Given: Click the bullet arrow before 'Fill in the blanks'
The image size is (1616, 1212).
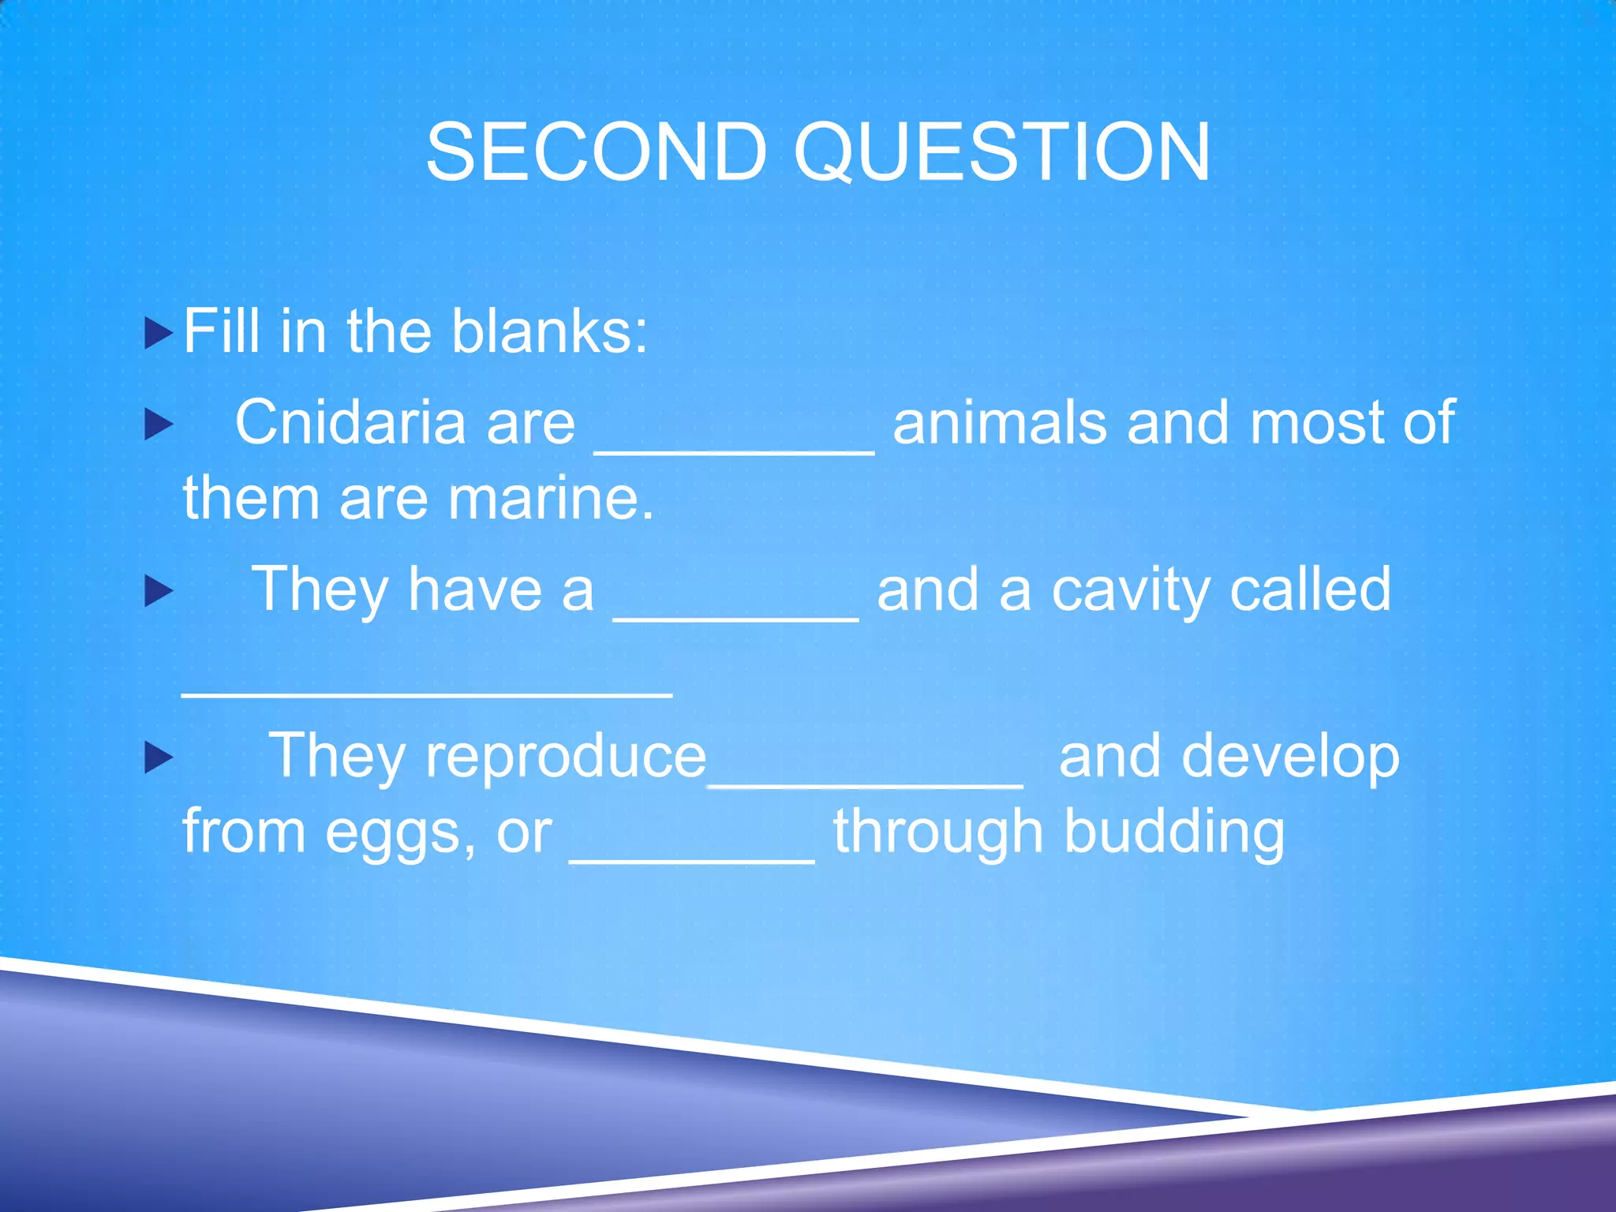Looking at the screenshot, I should pos(159,333).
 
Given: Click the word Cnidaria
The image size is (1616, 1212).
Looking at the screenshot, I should pos(352,422).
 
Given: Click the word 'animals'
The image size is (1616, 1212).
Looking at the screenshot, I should pos(1000,422).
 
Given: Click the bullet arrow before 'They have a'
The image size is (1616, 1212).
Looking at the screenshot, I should pos(159,591).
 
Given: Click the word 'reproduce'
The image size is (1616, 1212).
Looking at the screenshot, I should pos(565,756).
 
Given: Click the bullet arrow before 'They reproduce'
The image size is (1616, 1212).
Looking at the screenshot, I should pos(159,757).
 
